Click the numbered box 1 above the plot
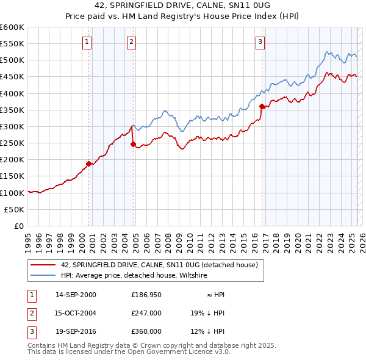pos(87,42)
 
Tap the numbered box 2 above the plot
pos(131,42)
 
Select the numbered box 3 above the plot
pos(260,42)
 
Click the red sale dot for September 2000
pos(89,164)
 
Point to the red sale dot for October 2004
pos(133,144)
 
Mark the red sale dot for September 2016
pos(262,106)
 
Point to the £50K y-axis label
pos(15,209)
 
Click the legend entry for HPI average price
pos(134,276)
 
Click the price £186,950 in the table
pos(146,295)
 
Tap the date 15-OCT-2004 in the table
pos(76,313)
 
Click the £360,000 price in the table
pos(146,331)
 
